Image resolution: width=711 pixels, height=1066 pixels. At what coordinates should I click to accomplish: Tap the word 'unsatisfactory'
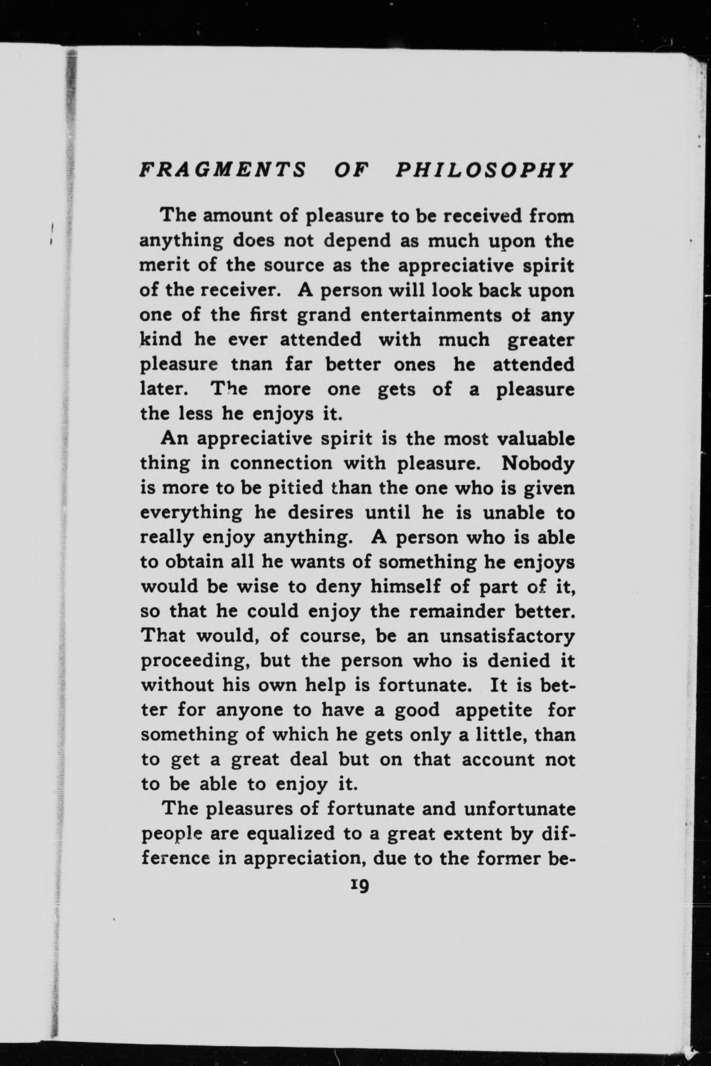[x=507, y=637]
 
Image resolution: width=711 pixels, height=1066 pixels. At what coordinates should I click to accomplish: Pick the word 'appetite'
[x=493, y=710]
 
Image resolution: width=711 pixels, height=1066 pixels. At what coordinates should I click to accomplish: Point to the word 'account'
[x=498, y=760]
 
